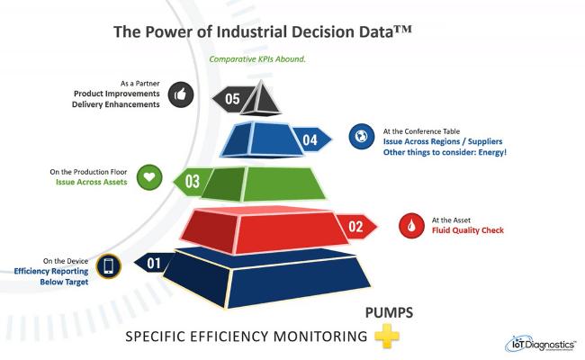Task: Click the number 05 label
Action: coord(232,99)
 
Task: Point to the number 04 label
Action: coord(310,140)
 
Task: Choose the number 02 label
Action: coord(356,227)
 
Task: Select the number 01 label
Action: coord(154,264)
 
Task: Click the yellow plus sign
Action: coord(387,335)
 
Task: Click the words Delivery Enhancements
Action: coord(115,104)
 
